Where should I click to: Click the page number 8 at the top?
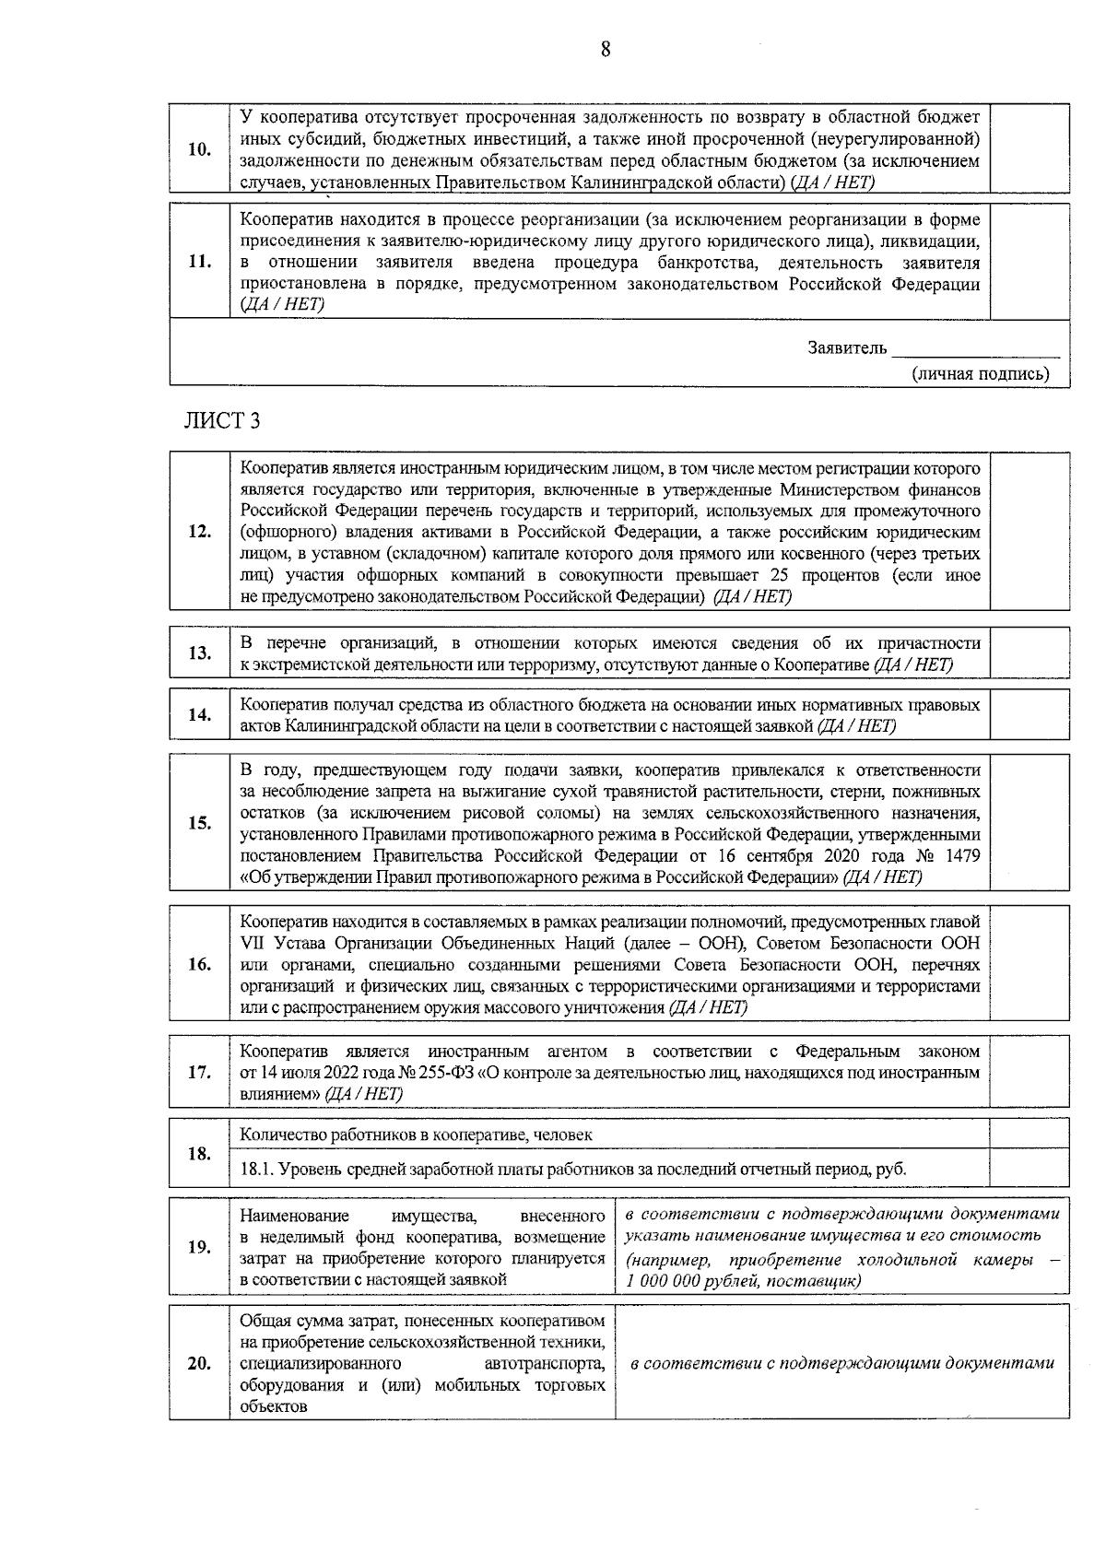tap(606, 51)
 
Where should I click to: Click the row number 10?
tap(199, 149)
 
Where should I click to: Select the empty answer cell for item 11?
tap(1030, 262)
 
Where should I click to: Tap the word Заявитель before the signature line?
tap(847, 348)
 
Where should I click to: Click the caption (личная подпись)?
tap(981, 374)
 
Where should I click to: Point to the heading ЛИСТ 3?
tap(222, 421)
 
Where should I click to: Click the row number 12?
tap(199, 532)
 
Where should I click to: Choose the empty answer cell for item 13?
tap(1030, 653)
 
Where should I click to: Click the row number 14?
tap(199, 715)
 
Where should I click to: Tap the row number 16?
tap(199, 965)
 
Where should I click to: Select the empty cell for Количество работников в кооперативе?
tap(1030, 1135)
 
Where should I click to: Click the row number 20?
tap(199, 1364)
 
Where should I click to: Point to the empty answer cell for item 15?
tap(1030, 823)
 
